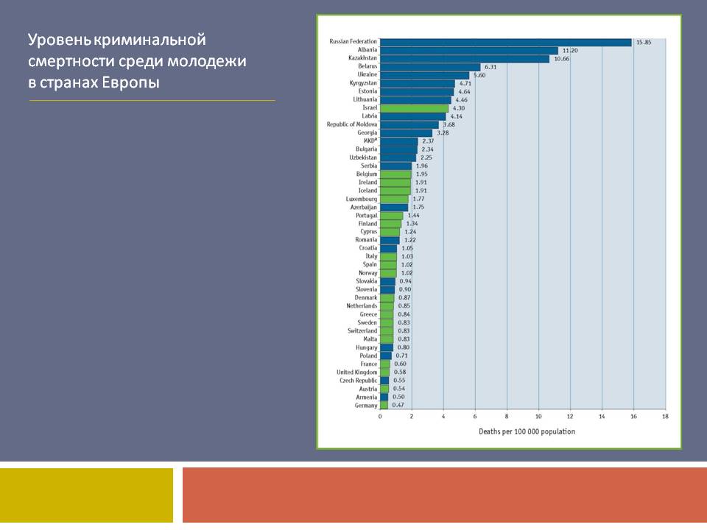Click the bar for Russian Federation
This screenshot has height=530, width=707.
(x=506, y=42)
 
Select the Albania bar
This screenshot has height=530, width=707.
(x=469, y=50)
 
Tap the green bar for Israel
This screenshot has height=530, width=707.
(x=414, y=107)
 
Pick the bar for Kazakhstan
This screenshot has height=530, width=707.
(x=465, y=58)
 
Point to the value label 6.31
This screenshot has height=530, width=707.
(x=491, y=66)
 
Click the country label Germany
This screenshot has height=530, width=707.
(x=365, y=405)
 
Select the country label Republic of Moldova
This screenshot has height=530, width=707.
(x=352, y=124)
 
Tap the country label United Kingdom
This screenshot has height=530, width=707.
(x=356, y=372)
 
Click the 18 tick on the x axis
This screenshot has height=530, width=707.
(x=665, y=417)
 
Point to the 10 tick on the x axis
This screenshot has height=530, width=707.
(x=538, y=417)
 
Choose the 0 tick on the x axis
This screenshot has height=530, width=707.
(x=380, y=417)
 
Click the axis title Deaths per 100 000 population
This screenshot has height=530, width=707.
(x=527, y=431)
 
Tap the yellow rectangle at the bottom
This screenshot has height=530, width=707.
(x=86, y=495)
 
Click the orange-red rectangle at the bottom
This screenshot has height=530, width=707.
(x=444, y=495)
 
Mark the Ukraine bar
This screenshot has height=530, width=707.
(x=424, y=74)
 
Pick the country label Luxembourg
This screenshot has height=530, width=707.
(x=362, y=199)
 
